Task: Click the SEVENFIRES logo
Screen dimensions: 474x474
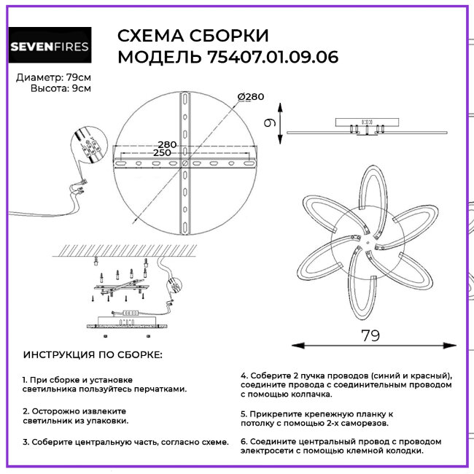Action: (x=50, y=47)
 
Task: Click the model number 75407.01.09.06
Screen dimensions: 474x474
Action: (x=269, y=57)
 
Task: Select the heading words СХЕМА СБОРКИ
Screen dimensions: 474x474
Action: (x=193, y=36)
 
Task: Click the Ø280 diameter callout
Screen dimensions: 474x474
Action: (x=250, y=97)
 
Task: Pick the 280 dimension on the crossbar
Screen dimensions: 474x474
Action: (x=167, y=144)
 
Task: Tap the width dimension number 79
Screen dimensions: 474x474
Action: (x=370, y=335)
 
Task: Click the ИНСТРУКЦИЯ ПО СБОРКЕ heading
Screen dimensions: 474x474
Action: (x=93, y=355)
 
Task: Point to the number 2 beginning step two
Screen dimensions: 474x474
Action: (x=25, y=411)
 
